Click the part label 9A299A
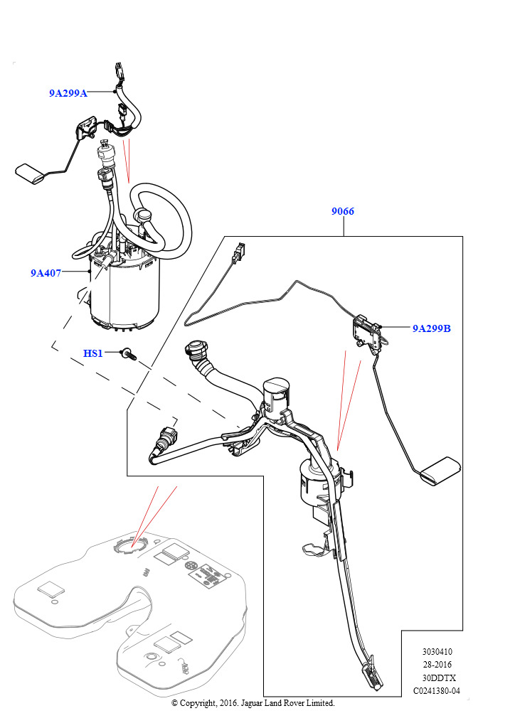coord(68,93)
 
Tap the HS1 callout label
coord(93,353)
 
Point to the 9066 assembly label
coord(343,212)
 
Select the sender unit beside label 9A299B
coord(368,331)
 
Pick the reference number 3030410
coord(437,651)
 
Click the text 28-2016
coord(437,665)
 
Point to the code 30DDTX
coord(437,678)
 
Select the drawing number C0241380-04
coord(437,691)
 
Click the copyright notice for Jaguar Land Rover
coord(253,703)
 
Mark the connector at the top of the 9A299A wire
coord(118,71)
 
